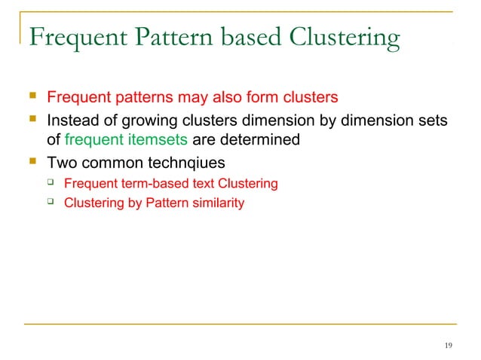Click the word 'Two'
[x=60, y=161]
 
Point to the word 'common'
[x=104, y=161]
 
